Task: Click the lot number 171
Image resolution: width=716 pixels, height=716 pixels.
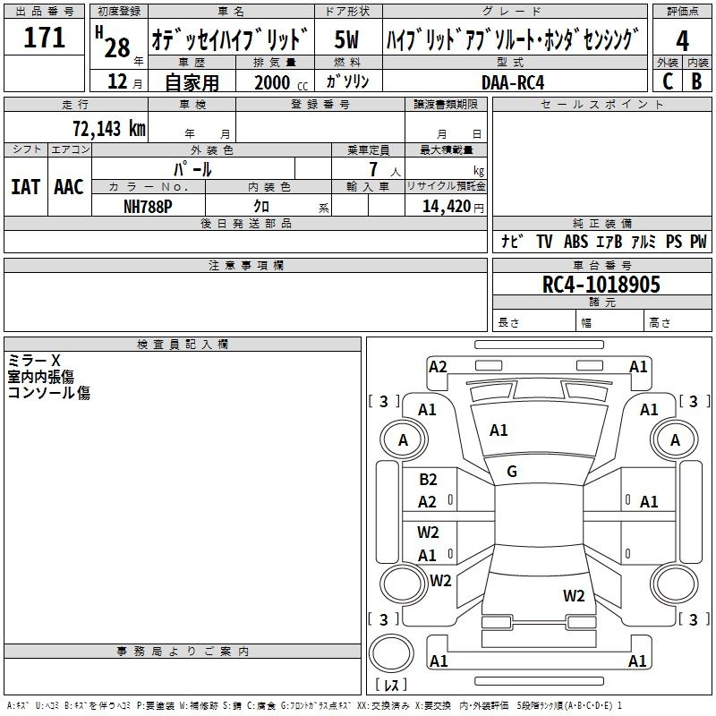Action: [x=45, y=38]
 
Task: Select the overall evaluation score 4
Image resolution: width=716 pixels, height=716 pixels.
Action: [x=682, y=41]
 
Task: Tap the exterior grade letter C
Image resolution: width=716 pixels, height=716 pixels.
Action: [x=667, y=81]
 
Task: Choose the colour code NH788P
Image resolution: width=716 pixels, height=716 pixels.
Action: [x=148, y=205]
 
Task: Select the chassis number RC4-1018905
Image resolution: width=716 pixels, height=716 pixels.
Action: [x=601, y=285]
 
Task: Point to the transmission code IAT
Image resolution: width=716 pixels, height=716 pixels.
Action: [x=25, y=186]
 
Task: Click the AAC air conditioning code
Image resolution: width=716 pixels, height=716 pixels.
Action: [x=68, y=186]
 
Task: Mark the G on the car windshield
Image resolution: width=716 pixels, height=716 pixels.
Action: [x=512, y=472]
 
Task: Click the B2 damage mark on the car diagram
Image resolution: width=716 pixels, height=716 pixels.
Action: [x=428, y=480]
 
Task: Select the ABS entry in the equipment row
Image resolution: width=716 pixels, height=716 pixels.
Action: [x=575, y=242]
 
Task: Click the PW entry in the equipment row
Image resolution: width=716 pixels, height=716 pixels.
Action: [x=697, y=242]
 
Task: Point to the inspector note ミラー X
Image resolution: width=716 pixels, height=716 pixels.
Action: [x=34, y=360]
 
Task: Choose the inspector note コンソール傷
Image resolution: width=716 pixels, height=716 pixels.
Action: [x=48, y=392]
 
